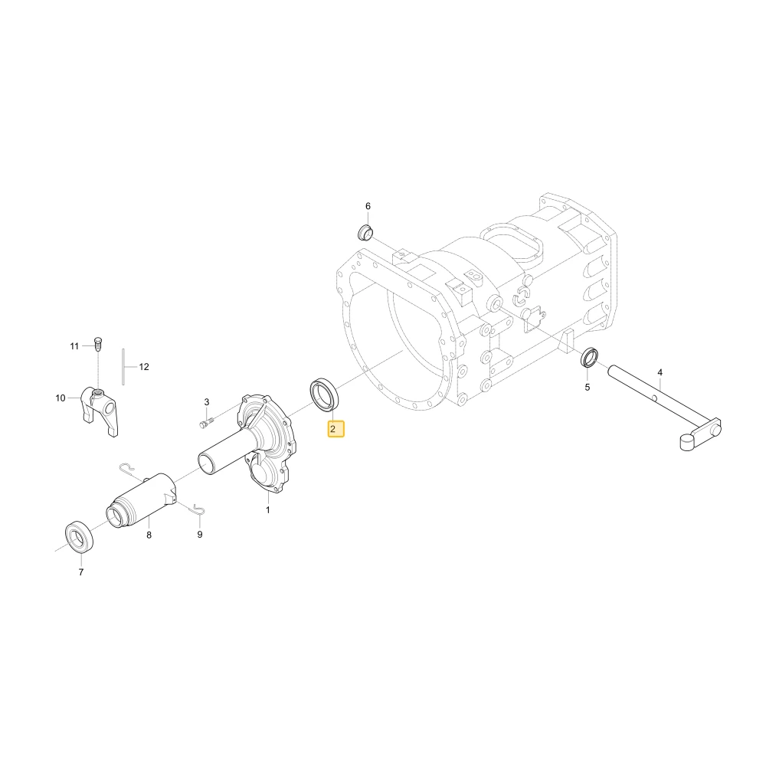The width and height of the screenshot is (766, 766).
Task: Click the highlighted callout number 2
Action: pos(336,429)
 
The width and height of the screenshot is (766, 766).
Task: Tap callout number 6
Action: pos(368,206)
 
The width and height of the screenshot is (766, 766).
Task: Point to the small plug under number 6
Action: pos(364,233)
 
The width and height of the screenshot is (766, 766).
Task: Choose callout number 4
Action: pos(660,372)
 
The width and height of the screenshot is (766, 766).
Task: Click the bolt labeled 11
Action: pos(97,345)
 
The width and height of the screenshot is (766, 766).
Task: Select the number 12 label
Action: pos(144,367)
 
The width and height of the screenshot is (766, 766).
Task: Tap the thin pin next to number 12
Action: pos(123,366)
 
